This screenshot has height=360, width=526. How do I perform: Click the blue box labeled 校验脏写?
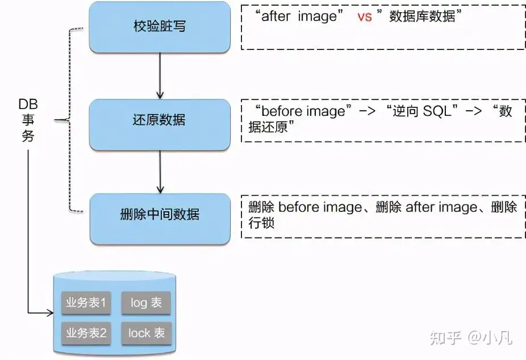pyautogui.click(x=160, y=27)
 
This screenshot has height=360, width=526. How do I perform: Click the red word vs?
pyautogui.click(x=364, y=16)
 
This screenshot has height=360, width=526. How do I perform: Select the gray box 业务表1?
pyautogui.click(x=86, y=303)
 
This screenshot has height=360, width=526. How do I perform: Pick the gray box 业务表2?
pyautogui.click(x=86, y=333)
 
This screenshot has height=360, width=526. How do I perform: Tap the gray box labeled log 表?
pyautogui.click(x=146, y=303)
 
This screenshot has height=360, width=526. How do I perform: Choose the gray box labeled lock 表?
pyautogui.click(x=146, y=333)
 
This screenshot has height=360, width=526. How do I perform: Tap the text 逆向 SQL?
pyautogui.click(x=421, y=111)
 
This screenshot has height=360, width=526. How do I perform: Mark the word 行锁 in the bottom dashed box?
pyautogui.click(x=261, y=223)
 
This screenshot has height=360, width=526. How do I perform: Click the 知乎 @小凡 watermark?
pyautogui.click(x=471, y=338)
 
